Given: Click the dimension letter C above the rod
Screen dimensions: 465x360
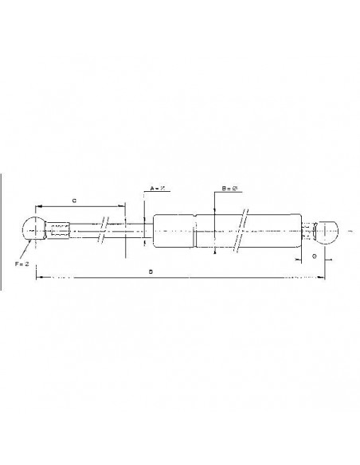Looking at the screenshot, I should (x=74, y=201).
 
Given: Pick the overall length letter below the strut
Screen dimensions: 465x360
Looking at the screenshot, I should (x=151, y=271).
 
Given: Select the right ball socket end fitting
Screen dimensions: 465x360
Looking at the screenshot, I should (x=327, y=232).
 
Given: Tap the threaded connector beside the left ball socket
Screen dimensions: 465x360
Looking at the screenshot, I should (x=59, y=232).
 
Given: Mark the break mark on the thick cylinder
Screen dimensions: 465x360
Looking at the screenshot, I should (x=244, y=232).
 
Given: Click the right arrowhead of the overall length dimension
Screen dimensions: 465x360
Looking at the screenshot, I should (x=323, y=278).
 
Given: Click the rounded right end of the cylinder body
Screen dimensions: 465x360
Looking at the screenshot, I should (x=300, y=232).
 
